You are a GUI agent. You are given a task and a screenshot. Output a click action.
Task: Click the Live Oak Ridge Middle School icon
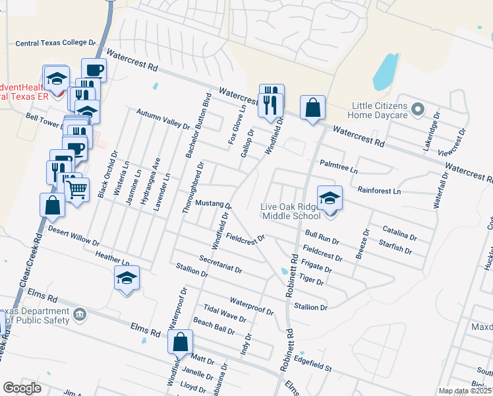tap(330, 197)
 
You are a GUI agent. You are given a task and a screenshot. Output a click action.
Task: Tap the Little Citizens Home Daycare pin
tap(417, 108)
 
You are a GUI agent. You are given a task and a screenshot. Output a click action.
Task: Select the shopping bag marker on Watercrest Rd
tap(312, 108)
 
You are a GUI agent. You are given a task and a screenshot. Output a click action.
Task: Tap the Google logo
tap(22, 389)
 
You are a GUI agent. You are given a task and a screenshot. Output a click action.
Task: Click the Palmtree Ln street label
tap(339, 166)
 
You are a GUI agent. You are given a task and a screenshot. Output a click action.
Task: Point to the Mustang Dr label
tap(213, 204)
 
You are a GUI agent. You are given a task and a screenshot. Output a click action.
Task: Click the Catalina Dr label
tap(400, 232)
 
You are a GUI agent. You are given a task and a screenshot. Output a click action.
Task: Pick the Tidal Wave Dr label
tap(225, 313)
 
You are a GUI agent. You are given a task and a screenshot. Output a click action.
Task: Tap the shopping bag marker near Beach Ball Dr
tap(180, 342)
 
